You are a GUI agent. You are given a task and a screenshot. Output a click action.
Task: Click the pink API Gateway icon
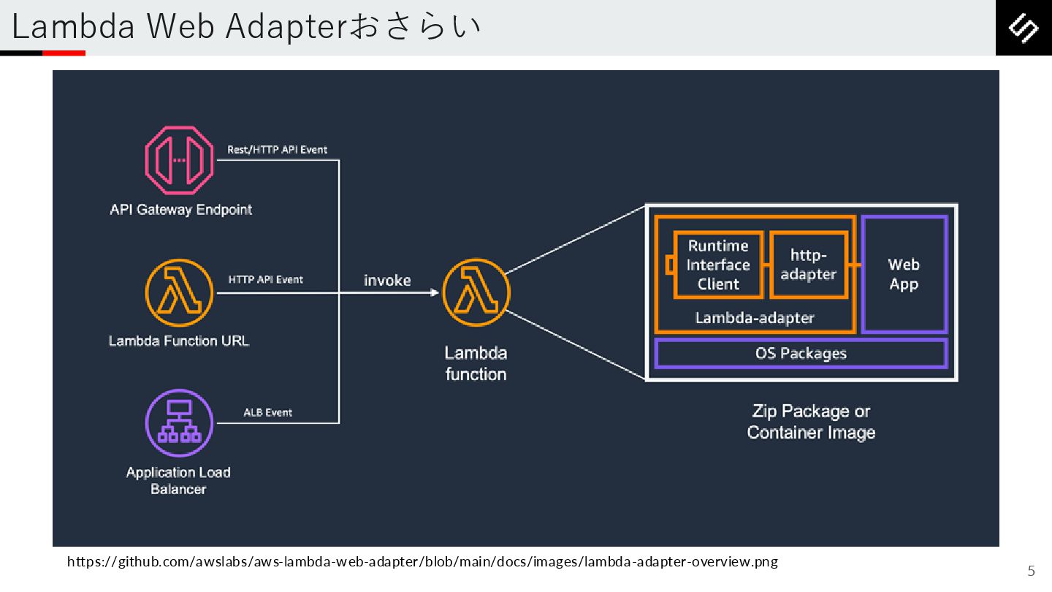click(179, 160)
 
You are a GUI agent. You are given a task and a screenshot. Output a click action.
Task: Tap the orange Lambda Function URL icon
click(179, 293)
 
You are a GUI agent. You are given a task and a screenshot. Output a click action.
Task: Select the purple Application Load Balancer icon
click(179, 423)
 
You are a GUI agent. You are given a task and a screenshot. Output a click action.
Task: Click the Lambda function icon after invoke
click(476, 293)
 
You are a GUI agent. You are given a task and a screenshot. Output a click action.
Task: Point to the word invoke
click(387, 281)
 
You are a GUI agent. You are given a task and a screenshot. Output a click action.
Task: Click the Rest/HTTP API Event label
click(277, 150)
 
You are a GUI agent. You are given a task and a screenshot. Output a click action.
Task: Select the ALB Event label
click(267, 412)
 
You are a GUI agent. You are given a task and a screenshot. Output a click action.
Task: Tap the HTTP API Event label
click(265, 279)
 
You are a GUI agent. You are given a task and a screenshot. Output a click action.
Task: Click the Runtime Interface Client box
click(718, 265)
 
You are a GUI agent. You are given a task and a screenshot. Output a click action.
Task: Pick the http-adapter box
click(808, 265)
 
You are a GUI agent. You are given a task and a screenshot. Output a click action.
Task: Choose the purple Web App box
click(904, 274)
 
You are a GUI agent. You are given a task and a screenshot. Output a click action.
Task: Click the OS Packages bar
click(801, 354)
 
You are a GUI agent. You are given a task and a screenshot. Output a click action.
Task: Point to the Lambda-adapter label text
click(754, 318)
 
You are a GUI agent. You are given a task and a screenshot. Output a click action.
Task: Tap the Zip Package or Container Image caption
click(811, 422)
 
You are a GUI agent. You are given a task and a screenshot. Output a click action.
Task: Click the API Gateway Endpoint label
click(180, 210)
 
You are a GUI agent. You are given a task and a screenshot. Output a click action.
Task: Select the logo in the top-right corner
click(1024, 28)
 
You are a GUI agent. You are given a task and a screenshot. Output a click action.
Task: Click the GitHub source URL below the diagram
click(422, 562)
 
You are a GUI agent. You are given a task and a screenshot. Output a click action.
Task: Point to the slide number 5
click(1032, 571)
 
